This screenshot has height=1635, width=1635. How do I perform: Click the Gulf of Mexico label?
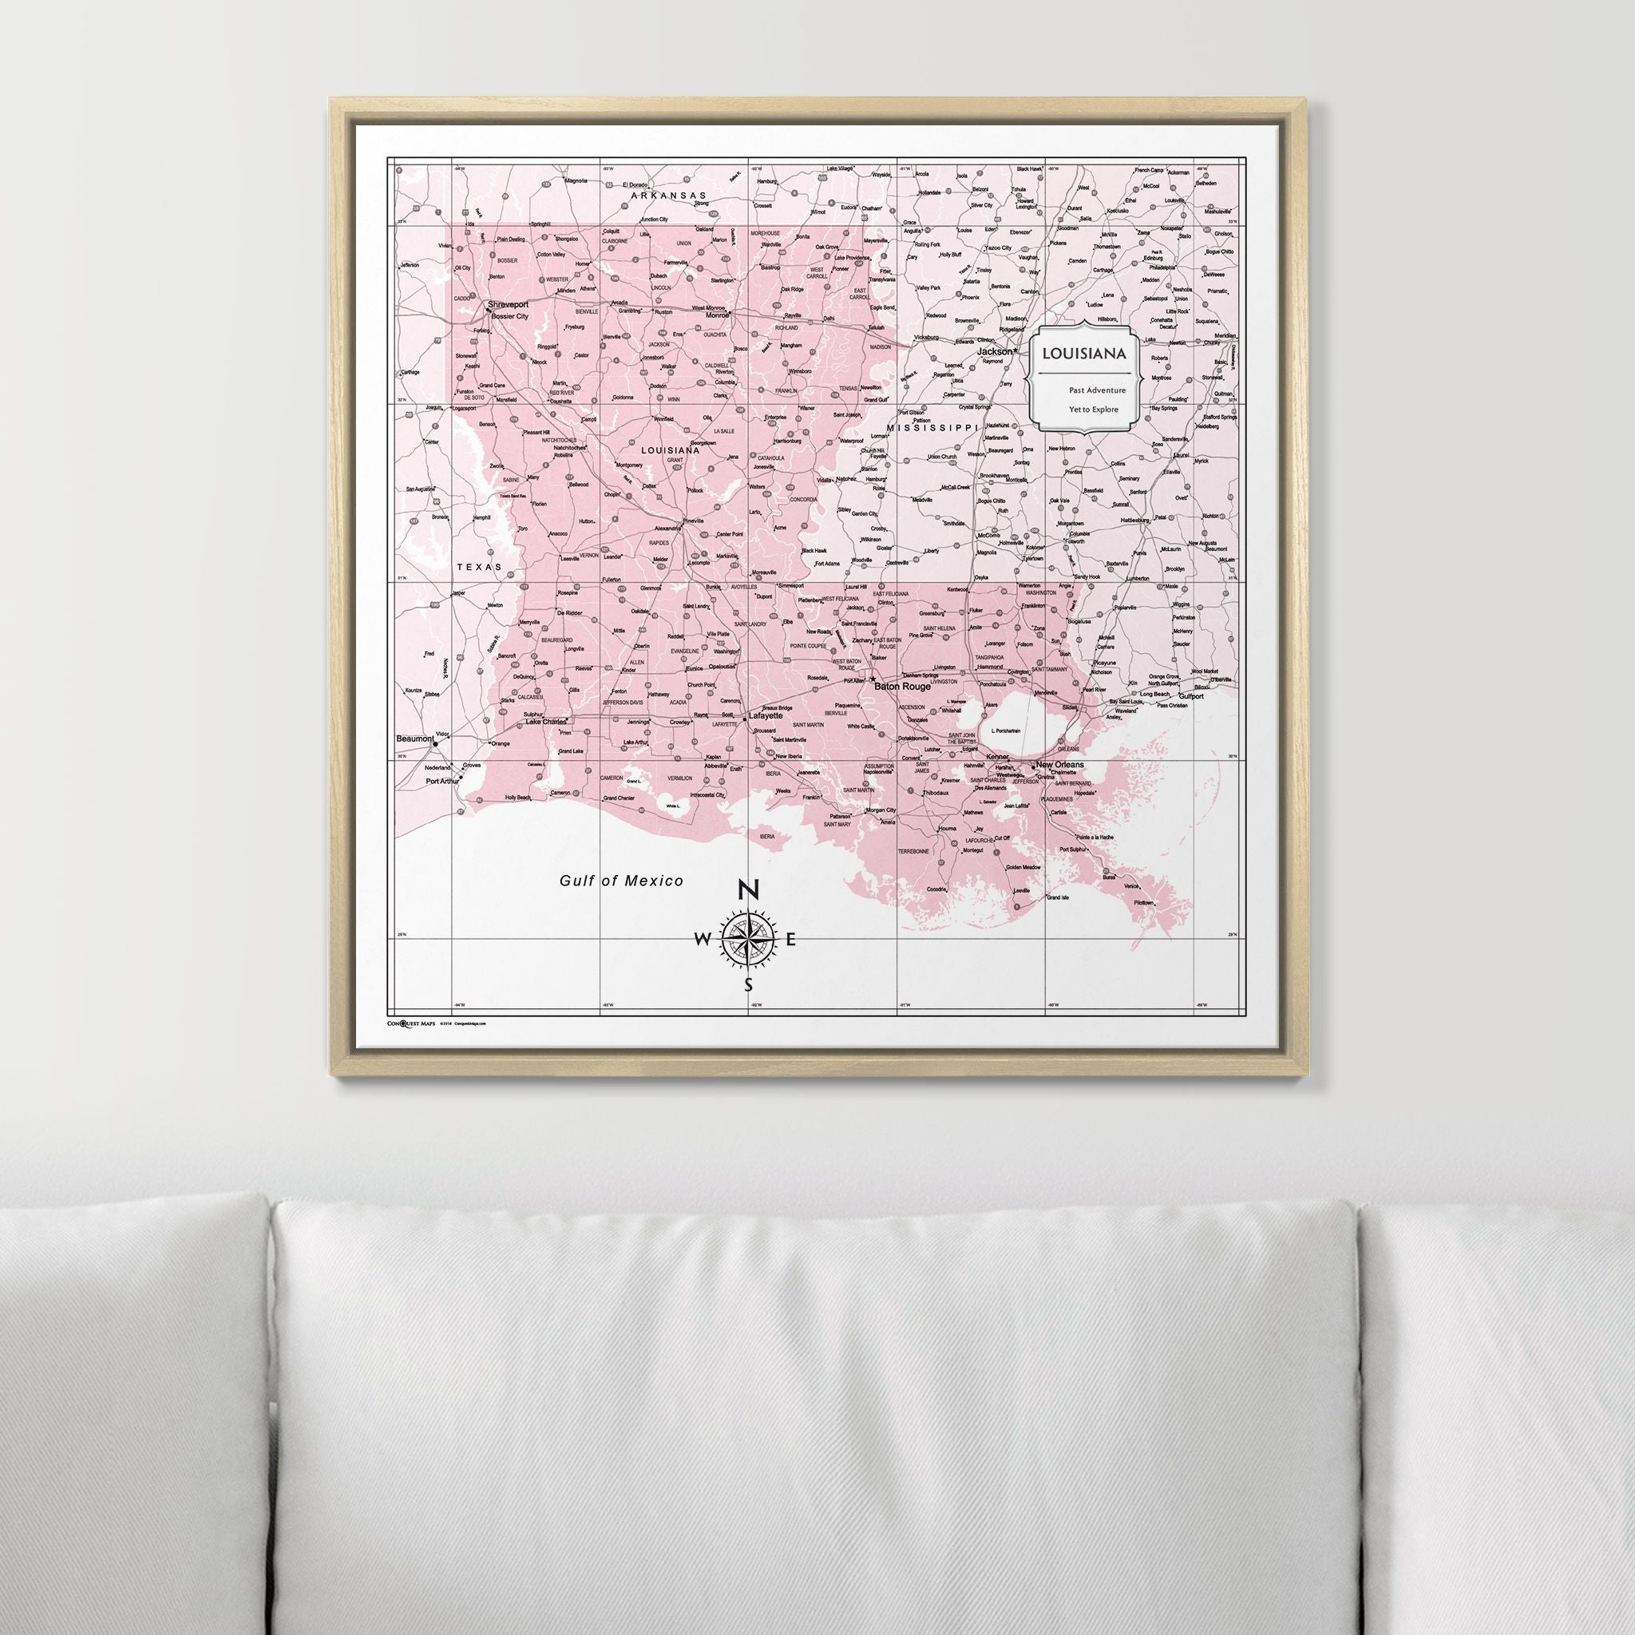[621, 881]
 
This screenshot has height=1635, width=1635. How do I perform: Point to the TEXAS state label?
[479, 567]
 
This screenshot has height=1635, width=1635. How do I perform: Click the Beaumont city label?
[414, 738]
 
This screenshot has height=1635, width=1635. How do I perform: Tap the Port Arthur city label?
[441, 782]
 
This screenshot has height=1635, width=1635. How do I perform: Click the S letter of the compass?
[748, 984]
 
